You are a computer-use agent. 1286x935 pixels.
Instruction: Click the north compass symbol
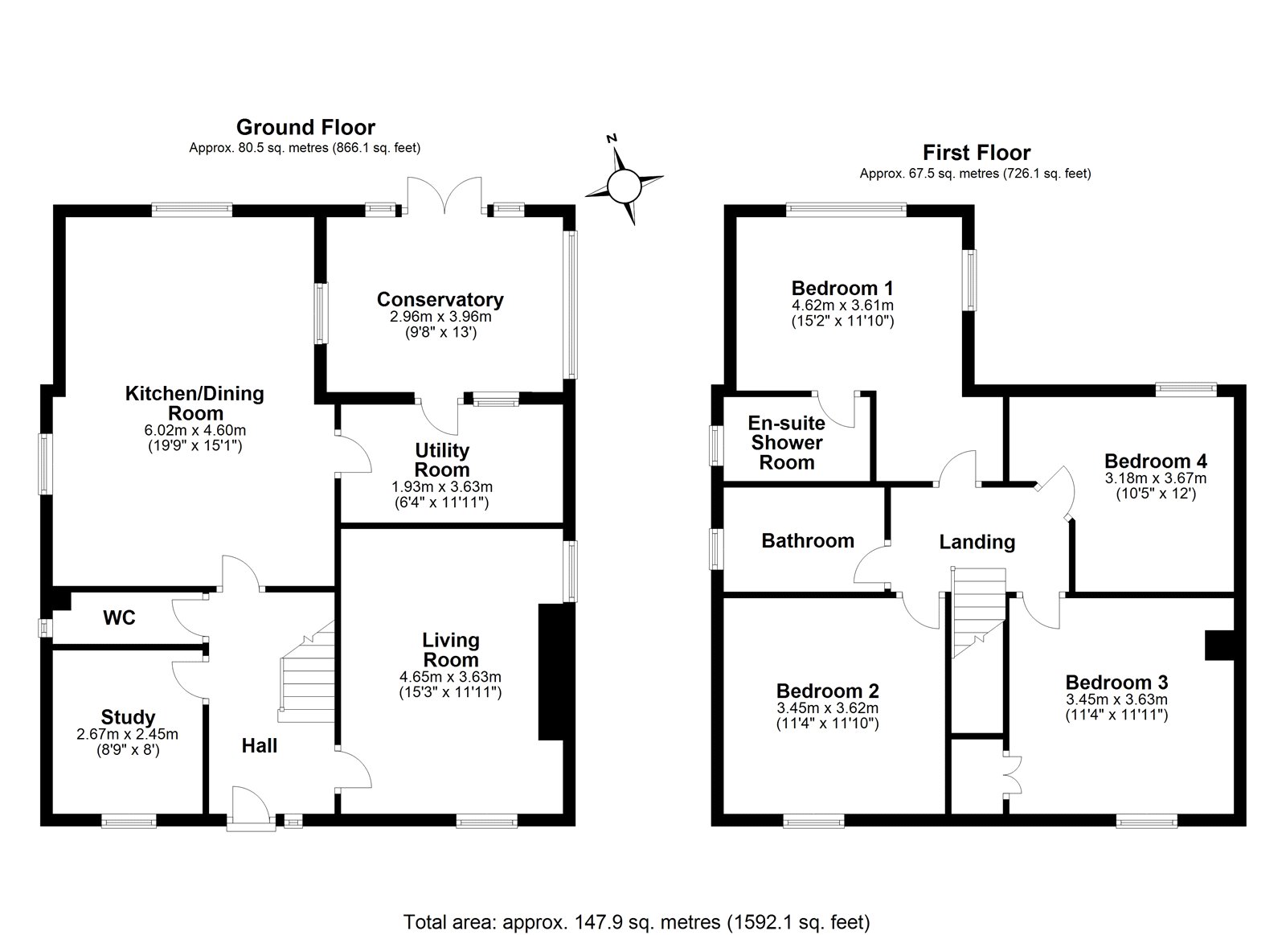tap(624, 185)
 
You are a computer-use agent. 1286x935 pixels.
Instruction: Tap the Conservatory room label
tap(440, 300)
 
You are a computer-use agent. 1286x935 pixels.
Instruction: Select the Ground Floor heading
tap(305, 127)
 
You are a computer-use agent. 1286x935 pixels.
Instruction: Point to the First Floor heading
tap(976, 152)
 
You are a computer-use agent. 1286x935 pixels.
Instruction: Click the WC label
tap(119, 617)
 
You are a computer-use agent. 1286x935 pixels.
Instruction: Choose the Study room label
tap(128, 717)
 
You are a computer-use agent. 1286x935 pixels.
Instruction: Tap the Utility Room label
tap(442, 460)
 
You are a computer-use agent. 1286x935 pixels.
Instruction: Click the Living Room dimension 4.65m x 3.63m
tap(450, 677)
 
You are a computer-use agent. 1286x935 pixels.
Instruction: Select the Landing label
tap(977, 542)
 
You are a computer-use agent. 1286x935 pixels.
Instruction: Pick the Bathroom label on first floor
tap(807, 540)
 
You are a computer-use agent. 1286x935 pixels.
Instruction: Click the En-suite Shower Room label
tap(786, 443)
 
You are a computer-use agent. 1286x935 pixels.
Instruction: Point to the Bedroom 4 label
tap(1155, 461)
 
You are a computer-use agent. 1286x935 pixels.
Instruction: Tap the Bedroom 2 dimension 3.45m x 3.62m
tap(827, 707)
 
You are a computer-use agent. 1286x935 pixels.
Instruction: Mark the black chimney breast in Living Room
tap(551, 671)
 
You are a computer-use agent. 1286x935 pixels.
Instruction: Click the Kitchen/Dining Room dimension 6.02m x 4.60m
tap(195, 430)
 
